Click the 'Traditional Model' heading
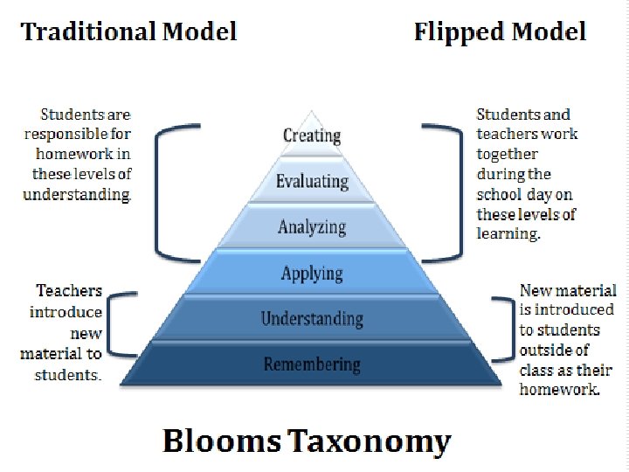129,32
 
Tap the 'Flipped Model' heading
500,32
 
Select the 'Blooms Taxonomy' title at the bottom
307,441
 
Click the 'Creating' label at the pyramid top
312,135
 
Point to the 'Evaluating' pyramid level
312,182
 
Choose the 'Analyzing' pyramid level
312,227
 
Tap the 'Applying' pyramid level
312,274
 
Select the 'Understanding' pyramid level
312,318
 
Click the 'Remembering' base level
312,364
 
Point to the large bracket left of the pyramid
159,188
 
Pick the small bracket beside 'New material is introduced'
505,330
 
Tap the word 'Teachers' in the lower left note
69,291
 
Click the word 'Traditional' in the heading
89,32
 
